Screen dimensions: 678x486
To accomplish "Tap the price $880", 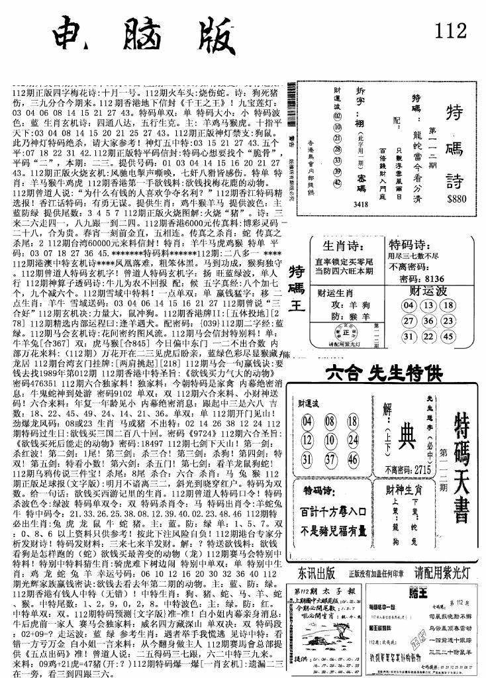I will [456, 197].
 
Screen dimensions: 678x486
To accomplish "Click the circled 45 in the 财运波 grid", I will [448, 336].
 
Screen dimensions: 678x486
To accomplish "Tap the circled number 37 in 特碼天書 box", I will [328, 458].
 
